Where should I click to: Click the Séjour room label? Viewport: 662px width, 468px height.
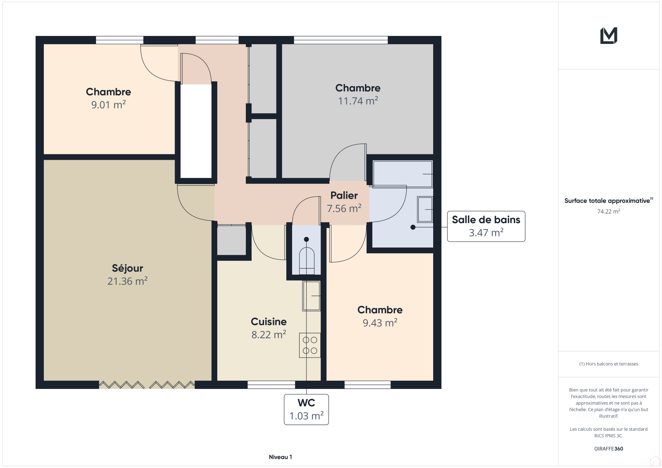[127, 268]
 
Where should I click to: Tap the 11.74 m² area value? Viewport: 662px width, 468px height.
[358, 101]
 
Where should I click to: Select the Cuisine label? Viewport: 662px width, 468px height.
[269, 322]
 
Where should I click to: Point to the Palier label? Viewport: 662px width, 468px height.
[344, 195]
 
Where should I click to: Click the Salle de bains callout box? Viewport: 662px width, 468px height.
[486, 226]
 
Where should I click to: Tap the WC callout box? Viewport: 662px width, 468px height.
[306, 410]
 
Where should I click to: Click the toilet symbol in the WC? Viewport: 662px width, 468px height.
[307, 261]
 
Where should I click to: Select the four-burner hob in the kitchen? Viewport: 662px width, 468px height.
[310, 345]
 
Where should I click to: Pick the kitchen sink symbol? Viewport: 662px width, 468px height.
[311, 295]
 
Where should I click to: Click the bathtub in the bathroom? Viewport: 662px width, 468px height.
[403, 174]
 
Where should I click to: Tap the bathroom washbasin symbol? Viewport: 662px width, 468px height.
[425, 209]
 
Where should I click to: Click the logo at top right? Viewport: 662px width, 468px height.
[609, 36]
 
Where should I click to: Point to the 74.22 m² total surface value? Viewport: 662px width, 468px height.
[609, 211]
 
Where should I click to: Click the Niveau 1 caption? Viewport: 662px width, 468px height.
[281, 457]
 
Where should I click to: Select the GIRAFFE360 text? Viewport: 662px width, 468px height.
[609, 449]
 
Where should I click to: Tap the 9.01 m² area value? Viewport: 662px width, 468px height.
[108, 105]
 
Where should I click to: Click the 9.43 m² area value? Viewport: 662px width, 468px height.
[380, 322]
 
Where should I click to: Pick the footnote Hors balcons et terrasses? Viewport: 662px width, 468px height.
[609, 364]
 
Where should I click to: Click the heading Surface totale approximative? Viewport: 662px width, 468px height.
[607, 201]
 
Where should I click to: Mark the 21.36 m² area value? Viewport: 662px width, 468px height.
[127, 281]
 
